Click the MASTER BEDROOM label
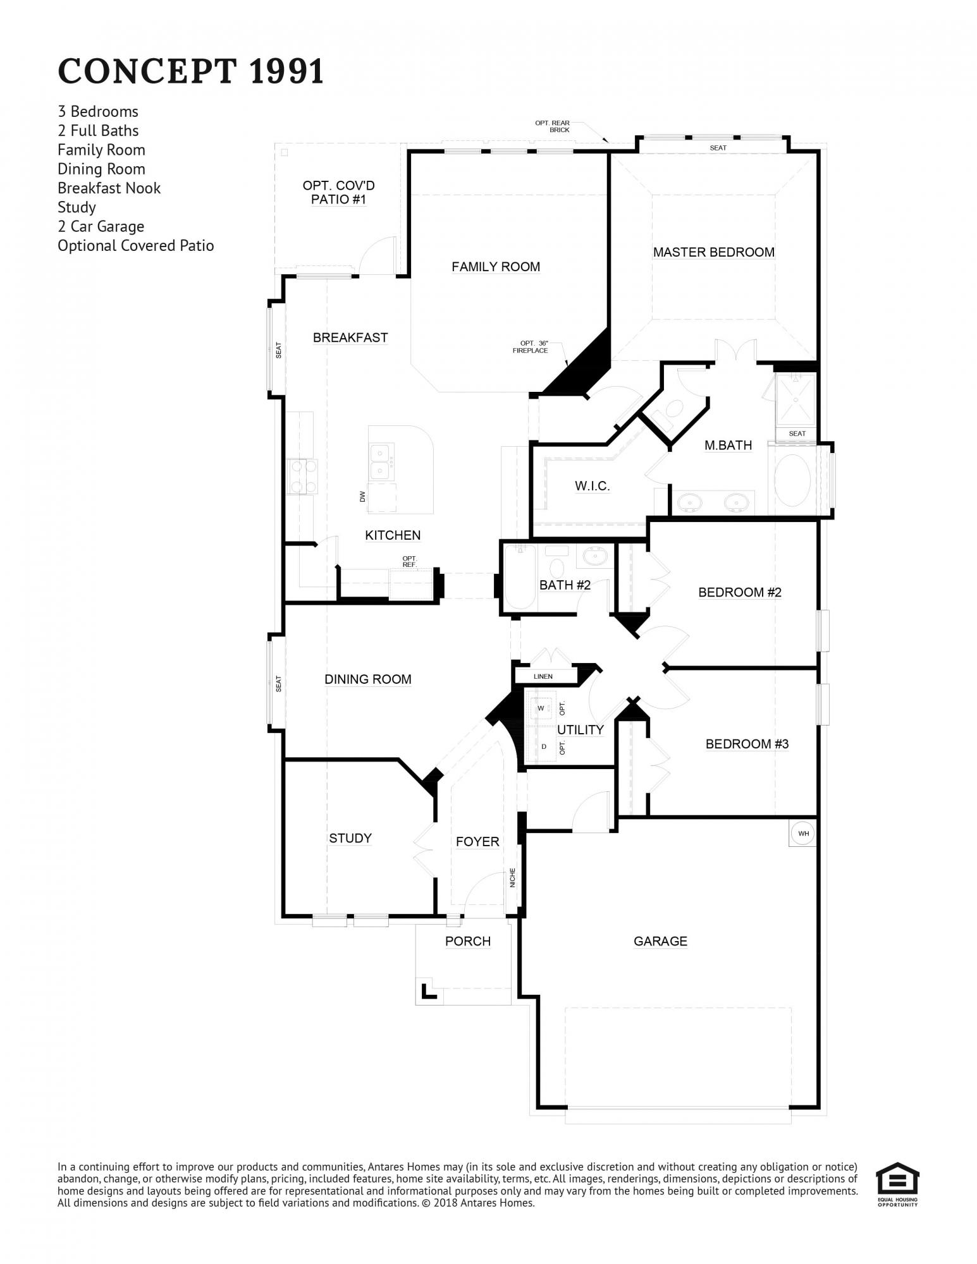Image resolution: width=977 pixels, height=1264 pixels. [x=713, y=252]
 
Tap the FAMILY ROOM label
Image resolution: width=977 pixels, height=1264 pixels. [x=496, y=267]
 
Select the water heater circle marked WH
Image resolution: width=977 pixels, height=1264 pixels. [x=803, y=833]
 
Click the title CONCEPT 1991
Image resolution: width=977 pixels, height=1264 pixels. [x=191, y=71]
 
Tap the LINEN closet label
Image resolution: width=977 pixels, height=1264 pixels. [x=543, y=676]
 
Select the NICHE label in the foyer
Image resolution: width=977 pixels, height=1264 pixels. [x=513, y=877]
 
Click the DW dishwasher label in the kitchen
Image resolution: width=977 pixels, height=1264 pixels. [x=362, y=496]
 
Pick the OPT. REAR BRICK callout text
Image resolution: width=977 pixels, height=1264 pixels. [x=553, y=126]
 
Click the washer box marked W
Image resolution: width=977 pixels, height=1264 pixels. [x=541, y=708]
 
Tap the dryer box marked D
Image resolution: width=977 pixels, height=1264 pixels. [x=544, y=746]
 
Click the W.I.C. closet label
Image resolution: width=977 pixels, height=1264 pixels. [x=592, y=486]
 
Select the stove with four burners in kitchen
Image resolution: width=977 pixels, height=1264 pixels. [x=298, y=477]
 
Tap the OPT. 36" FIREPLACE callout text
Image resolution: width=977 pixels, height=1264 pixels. [x=530, y=347]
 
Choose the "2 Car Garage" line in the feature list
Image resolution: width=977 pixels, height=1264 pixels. [x=101, y=226]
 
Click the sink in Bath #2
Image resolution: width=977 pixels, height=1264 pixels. [x=594, y=556]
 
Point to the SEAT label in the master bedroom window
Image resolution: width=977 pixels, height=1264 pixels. [x=718, y=148]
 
